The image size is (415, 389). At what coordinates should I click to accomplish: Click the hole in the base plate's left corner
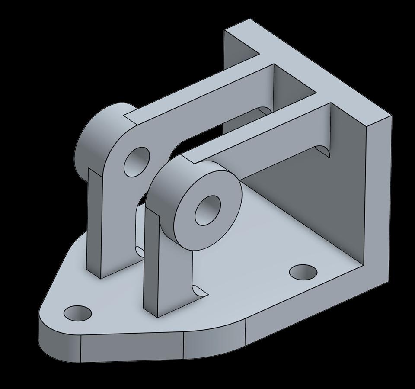point(78,313)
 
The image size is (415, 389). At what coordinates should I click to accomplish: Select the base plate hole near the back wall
point(303,272)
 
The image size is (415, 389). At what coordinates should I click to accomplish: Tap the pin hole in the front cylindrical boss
point(208,210)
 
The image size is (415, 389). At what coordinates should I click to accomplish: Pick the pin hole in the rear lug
point(137,161)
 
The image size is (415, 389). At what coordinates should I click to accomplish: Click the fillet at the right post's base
point(198,290)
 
